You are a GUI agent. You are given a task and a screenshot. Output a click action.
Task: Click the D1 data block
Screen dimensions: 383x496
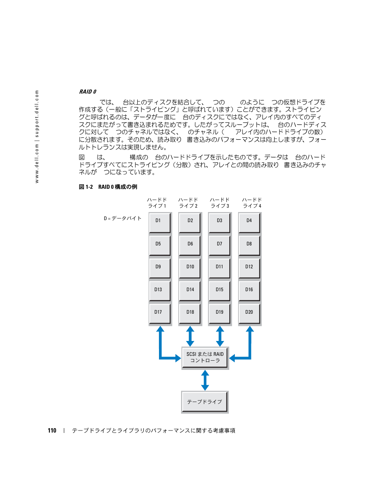[x=159, y=222]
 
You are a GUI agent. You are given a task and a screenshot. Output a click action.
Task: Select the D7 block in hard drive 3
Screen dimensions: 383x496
[x=219, y=245]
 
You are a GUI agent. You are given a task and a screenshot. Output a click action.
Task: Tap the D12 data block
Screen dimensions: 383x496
[x=249, y=268]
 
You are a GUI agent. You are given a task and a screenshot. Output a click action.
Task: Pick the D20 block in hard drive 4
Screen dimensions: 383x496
[x=249, y=314]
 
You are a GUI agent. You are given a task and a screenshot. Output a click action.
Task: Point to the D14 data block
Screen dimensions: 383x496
[x=189, y=291]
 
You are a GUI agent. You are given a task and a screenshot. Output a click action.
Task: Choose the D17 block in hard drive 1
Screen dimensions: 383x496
[x=159, y=314]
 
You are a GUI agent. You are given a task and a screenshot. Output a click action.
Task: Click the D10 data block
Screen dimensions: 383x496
[x=189, y=268]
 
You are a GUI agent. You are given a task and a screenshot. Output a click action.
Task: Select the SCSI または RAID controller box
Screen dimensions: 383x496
[x=205, y=357]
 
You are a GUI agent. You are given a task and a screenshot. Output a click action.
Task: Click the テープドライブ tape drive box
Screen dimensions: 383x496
[x=205, y=402]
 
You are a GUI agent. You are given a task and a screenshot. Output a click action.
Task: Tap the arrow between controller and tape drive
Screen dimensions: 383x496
[x=205, y=380]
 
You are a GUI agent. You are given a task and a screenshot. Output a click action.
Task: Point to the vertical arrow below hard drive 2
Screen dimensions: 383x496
[x=190, y=336]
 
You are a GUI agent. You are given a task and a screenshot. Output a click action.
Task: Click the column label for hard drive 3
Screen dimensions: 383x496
[x=220, y=203]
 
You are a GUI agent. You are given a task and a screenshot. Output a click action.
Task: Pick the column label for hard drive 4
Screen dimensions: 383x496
[x=252, y=203]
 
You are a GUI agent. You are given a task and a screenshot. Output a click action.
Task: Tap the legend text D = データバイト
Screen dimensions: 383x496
[x=122, y=218]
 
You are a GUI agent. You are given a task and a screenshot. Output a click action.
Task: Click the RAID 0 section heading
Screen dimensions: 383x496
[x=88, y=92]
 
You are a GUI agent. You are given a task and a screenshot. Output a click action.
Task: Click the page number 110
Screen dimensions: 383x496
[x=52, y=431]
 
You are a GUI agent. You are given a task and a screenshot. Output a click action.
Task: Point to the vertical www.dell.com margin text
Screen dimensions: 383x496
[x=37, y=137]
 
